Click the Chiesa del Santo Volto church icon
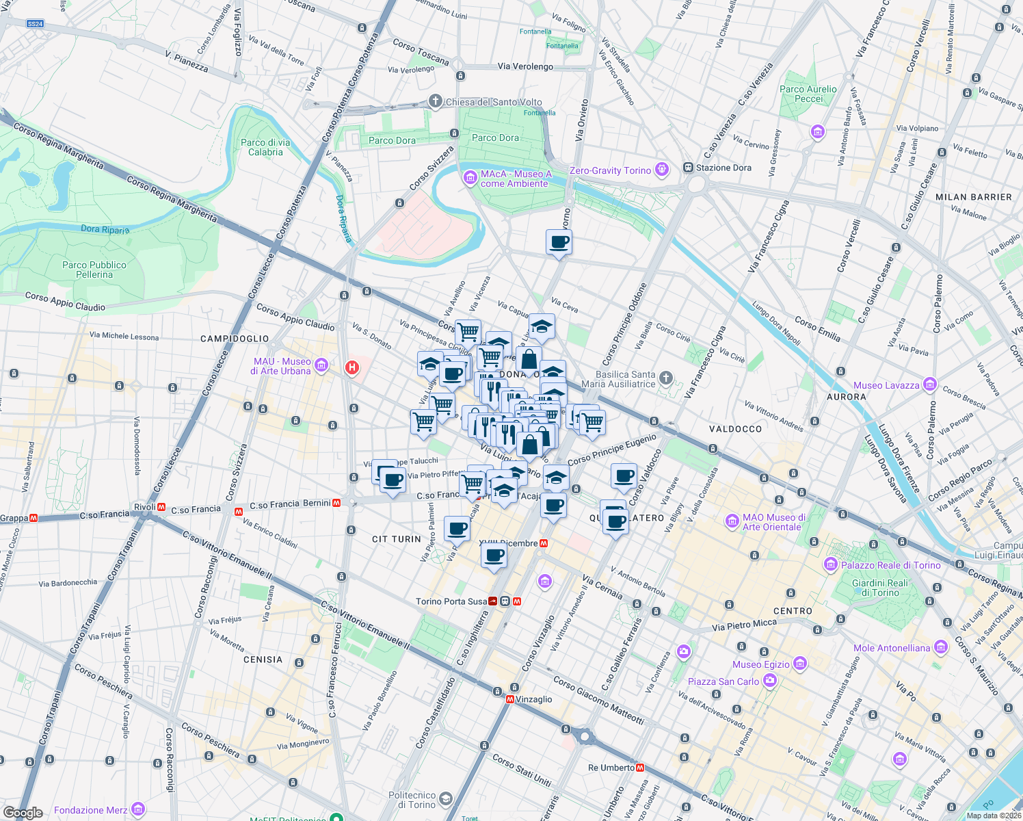tap(435, 102)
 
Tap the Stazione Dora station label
tap(723, 168)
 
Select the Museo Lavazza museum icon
tap(929, 385)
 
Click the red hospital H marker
tap(352, 368)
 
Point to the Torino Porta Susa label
tap(451, 601)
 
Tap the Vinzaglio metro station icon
tap(510, 699)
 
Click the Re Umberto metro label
tap(611, 768)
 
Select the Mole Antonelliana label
tap(892, 648)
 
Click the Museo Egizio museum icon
tap(800, 664)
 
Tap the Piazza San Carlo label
tap(723, 681)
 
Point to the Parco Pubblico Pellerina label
tap(94, 270)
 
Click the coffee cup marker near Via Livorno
tap(559, 242)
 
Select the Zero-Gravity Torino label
tap(610, 170)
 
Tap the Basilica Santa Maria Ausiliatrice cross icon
tap(666, 378)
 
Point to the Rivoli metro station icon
tap(162, 508)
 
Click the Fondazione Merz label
tap(90, 810)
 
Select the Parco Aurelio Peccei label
tap(808, 94)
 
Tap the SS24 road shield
tap(35, 24)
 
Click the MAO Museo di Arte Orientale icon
tap(732, 521)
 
